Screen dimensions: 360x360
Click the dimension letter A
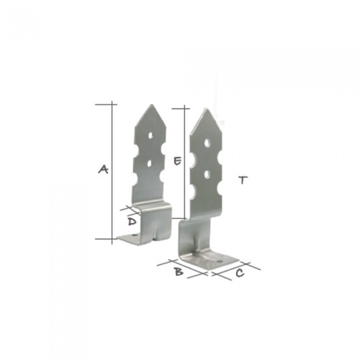(103, 169)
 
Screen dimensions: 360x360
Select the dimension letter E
(177, 160)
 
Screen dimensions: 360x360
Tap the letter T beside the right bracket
(243, 180)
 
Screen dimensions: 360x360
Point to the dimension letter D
(132, 222)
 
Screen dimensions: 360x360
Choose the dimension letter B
(178, 272)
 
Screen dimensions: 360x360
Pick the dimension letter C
(240, 273)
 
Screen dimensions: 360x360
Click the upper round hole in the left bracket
(150, 135)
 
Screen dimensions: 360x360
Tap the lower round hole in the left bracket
(150, 164)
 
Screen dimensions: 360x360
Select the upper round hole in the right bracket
(208, 143)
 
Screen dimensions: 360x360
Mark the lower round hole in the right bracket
(207, 174)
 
